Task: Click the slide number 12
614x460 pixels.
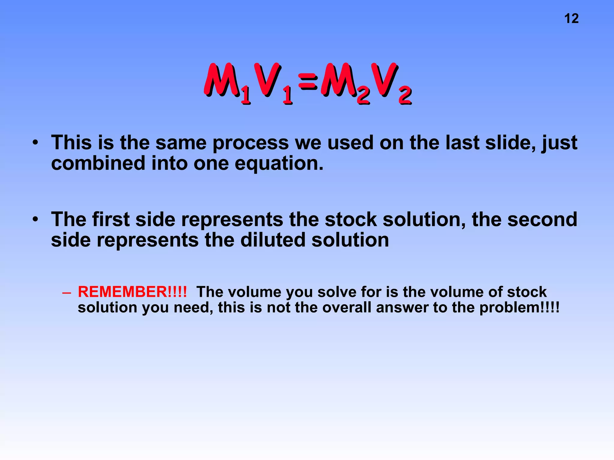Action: tap(571, 19)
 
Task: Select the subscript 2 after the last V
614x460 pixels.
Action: tap(405, 96)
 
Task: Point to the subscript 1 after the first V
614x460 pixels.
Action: tap(288, 96)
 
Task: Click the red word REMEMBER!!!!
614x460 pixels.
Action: tap(132, 292)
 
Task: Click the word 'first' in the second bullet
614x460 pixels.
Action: tap(111, 219)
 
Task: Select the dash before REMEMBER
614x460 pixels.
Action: tap(67, 292)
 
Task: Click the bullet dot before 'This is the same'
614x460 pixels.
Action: tap(36, 143)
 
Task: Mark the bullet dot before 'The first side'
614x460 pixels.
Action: tap(36, 220)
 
